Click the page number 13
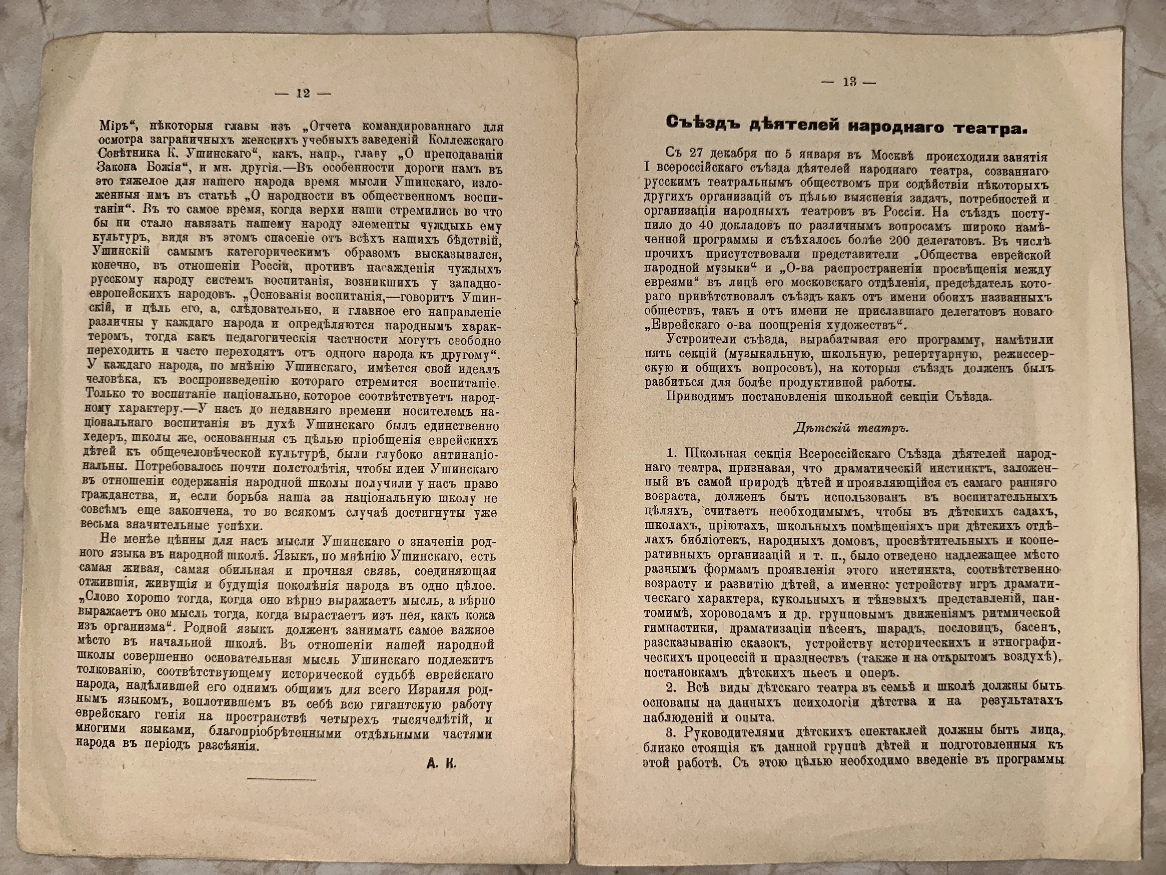click(849, 82)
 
